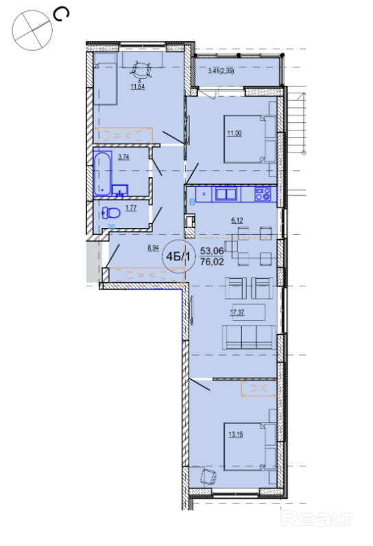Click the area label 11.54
point(137,87)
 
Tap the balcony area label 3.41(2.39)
point(221,71)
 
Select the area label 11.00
point(234,133)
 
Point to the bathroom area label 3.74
point(123,157)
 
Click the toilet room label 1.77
point(131,208)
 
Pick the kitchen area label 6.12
point(237,220)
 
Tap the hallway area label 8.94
point(153,248)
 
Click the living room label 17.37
point(237,312)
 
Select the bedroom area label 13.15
point(236,434)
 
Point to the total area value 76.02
point(212,262)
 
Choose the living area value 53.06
point(212,251)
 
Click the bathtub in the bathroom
point(103,173)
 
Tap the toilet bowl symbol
point(111,212)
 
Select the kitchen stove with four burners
point(263,194)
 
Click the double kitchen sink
point(226,194)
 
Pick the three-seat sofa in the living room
point(249,337)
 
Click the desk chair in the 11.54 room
point(141,69)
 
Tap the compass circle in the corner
point(32,30)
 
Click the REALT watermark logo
point(317,519)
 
